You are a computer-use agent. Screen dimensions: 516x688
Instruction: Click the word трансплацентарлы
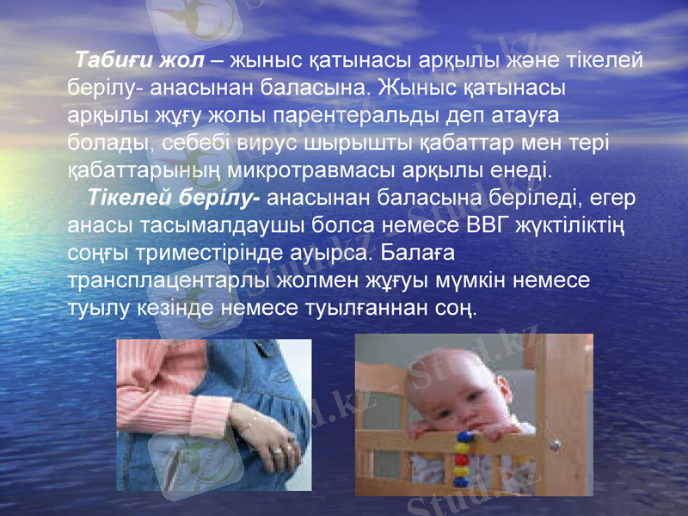[168, 280]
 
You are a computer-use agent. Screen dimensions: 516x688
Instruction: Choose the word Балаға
[416, 254]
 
